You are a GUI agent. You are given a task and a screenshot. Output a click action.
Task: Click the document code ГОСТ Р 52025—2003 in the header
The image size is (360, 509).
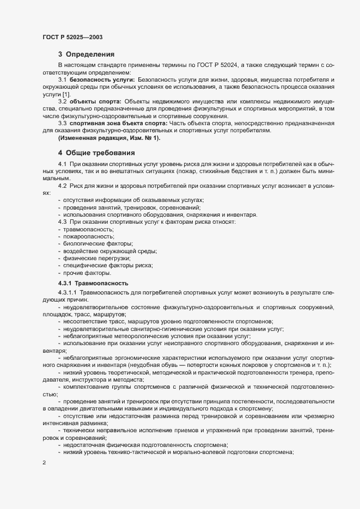point(72,37)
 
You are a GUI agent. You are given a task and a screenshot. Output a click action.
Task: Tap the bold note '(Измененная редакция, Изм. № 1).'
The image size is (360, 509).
point(109,138)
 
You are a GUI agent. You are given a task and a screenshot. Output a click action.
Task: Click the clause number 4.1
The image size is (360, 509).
point(62,164)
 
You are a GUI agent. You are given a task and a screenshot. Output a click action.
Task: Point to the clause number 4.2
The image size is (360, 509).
point(62,187)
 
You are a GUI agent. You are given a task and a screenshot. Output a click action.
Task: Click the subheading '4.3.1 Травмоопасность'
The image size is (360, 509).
point(93,283)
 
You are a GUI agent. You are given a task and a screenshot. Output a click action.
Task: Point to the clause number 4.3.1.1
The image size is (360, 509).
point(68,293)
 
